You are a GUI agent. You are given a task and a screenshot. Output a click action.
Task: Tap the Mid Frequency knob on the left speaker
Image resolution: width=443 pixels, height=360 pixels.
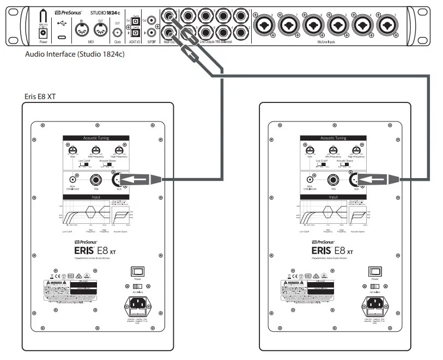pos(96,151)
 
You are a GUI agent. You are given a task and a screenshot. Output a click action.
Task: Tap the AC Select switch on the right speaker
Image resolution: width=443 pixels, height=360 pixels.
pos(374,286)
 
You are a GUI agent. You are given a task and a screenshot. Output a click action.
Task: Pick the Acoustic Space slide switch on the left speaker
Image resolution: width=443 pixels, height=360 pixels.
pos(109,166)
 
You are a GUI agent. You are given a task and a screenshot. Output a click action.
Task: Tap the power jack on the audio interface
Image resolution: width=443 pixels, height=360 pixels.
pos(40,33)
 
